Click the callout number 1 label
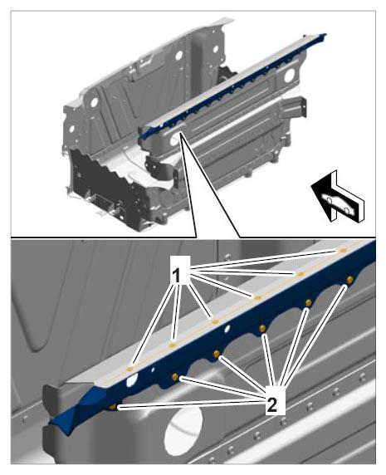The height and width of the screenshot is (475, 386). [180, 270]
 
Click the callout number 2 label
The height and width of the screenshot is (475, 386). [276, 400]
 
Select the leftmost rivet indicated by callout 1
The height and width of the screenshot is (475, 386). [130, 369]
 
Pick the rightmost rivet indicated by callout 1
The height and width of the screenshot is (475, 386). [344, 250]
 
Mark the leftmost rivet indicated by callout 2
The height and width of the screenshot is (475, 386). [113, 407]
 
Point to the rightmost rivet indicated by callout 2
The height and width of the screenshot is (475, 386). [349, 279]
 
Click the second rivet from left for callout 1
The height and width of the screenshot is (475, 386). [173, 345]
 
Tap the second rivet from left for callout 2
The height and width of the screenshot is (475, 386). [175, 376]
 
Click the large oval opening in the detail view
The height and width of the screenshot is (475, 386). [183, 430]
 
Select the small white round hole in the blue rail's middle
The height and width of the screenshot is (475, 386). [227, 328]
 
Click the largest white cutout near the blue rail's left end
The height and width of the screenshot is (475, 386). [132, 379]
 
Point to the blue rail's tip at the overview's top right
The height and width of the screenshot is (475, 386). [325, 34]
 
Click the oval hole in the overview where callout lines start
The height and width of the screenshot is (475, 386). [176, 140]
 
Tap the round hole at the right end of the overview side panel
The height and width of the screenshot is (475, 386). [289, 75]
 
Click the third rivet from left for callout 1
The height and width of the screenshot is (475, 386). [215, 321]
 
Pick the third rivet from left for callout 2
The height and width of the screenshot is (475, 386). [217, 354]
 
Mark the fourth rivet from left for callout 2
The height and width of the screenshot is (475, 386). [262, 328]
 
